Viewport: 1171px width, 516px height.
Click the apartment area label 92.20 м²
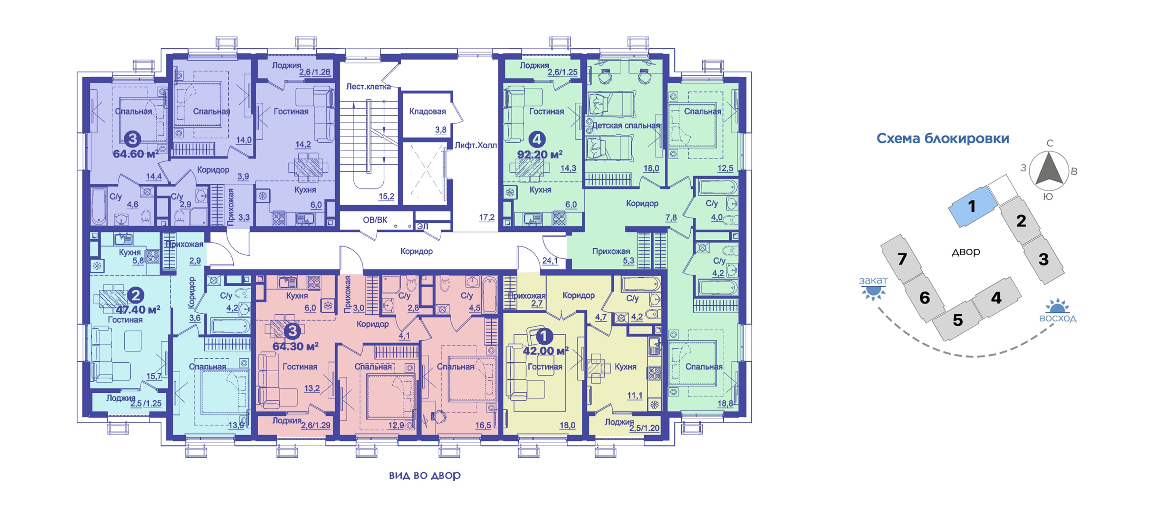tap(540, 155)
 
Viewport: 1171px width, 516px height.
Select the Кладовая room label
tap(427, 111)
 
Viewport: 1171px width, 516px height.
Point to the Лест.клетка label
tap(368, 86)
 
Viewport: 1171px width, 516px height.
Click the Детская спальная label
tap(626, 125)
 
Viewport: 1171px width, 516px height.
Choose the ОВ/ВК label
tap(375, 220)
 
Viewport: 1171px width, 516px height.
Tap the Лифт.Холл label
tap(476, 145)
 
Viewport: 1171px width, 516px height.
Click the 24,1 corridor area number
tap(550, 260)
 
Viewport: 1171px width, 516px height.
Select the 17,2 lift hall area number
tap(487, 217)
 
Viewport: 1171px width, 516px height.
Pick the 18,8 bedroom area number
tap(725, 403)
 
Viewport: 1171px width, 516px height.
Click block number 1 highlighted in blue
tap(971, 207)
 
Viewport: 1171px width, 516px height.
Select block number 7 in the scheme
tap(902, 259)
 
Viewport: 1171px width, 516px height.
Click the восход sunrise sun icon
tap(1057, 306)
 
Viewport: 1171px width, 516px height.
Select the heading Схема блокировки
tap(942, 138)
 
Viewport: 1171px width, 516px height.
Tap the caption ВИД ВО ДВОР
tap(425, 476)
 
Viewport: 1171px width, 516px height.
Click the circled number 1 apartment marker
tap(544, 336)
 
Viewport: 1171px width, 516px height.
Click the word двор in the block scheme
tap(966, 251)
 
